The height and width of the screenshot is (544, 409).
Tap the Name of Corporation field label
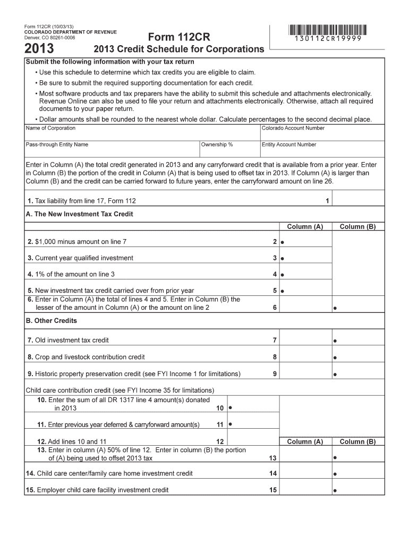coord(50,128)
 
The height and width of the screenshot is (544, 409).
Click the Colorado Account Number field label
coord(293,128)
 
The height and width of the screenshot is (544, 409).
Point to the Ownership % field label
coord(217,144)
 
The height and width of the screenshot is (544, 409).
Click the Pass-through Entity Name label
coord(57,144)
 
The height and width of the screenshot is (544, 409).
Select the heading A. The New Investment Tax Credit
coord(79,214)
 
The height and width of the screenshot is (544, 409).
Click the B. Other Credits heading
coord(51,321)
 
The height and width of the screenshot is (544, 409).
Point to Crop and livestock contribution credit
coord(89,357)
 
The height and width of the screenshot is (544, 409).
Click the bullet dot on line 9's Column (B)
coord(335,375)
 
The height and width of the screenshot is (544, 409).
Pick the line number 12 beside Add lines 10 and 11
coord(219,441)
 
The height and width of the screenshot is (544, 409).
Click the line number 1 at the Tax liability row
coord(327,201)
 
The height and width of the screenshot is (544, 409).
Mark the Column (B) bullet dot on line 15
coord(335,491)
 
